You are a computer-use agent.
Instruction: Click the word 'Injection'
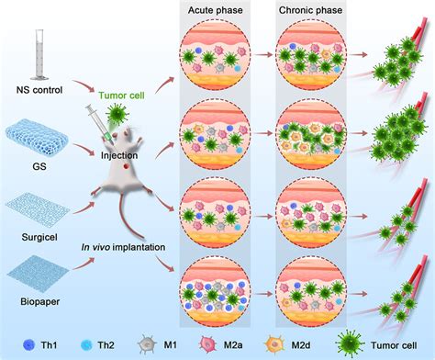(118, 154)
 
